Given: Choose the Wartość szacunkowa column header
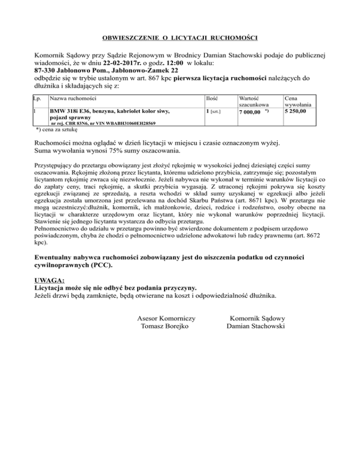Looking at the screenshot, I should coord(253,103).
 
